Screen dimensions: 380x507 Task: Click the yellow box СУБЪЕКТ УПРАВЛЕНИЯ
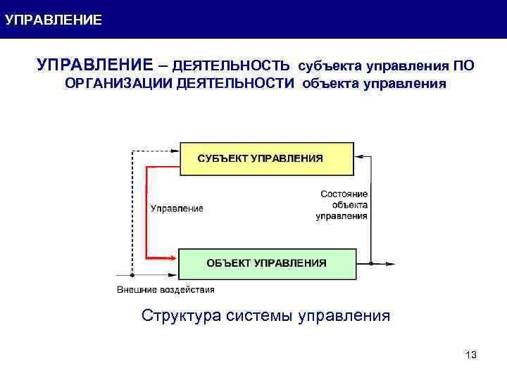(266, 158)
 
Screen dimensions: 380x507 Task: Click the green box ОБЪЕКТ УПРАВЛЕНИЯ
(266, 263)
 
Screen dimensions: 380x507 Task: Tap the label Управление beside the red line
(176, 208)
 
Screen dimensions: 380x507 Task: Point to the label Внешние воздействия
(165, 289)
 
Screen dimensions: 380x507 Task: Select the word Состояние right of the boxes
(344, 194)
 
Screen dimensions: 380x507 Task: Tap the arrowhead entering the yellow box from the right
(360, 156)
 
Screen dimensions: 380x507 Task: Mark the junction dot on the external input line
(132, 276)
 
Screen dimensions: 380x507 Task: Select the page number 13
(471, 355)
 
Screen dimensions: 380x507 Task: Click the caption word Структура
(181, 315)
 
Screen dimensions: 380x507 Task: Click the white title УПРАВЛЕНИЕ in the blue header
(53, 20)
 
